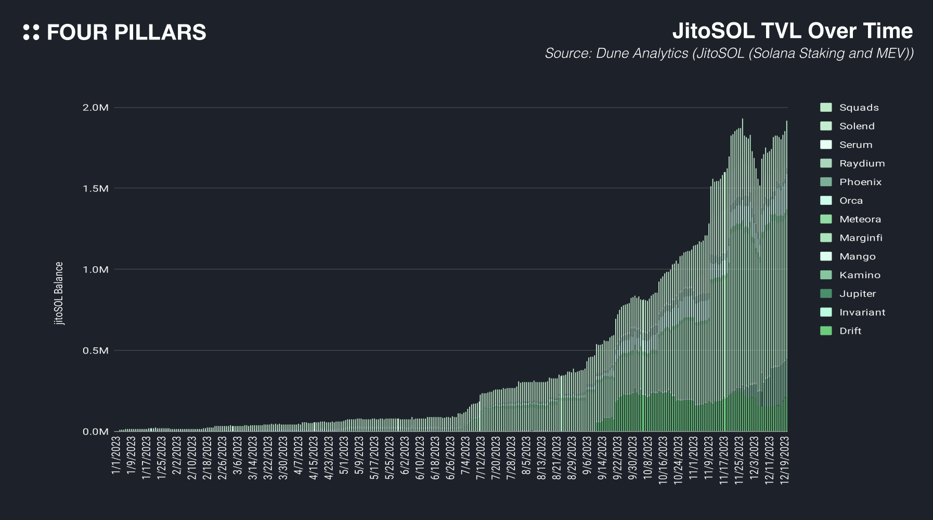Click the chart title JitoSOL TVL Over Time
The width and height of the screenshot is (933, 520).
pyautogui.click(x=792, y=31)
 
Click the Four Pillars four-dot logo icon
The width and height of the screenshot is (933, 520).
pyautogui.click(x=31, y=32)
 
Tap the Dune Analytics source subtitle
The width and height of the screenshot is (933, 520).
pyautogui.click(x=729, y=54)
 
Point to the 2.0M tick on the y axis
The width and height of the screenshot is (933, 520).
pyautogui.click(x=96, y=108)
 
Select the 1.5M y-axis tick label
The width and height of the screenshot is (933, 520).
pyautogui.click(x=96, y=188)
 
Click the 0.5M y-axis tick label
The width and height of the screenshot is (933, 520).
pyautogui.click(x=96, y=350)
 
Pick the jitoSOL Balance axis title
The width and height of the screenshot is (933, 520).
pyautogui.click(x=59, y=293)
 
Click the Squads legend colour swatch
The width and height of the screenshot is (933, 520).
pyautogui.click(x=826, y=108)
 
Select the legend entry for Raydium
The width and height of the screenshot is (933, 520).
pyautogui.click(x=862, y=163)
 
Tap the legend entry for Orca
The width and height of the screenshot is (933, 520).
pyautogui.click(x=851, y=201)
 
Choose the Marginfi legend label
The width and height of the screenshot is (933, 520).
pyautogui.click(x=861, y=238)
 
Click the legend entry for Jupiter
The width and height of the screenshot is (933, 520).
pyautogui.click(x=858, y=294)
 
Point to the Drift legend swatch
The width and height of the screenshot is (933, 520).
pyautogui.click(x=826, y=331)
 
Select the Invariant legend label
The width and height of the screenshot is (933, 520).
pyautogui.click(x=862, y=312)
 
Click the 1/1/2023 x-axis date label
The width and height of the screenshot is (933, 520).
pyautogui.click(x=116, y=456)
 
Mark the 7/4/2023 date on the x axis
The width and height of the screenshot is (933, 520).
pyautogui.click(x=465, y=456)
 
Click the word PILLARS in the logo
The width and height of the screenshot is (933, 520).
pyautogui.click(x=160, y=32)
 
